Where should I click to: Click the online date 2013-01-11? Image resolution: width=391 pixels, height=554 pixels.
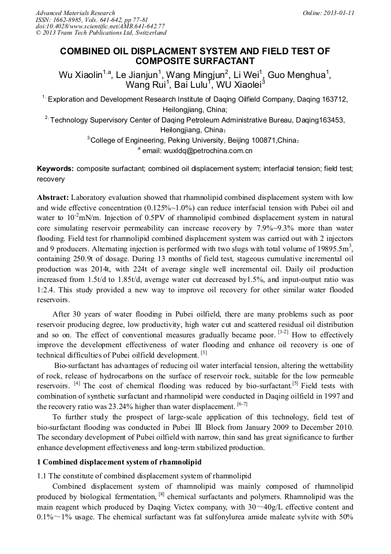pyautogui.click(x=337, y=13)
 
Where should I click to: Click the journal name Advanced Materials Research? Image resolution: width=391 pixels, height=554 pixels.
pyautogui.click(x=75, y=13)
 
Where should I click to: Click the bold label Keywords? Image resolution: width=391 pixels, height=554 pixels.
pyautogui.click(x=55, y=169)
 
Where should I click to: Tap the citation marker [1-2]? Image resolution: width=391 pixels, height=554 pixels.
pyautogui.click(x=284, y=332)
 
